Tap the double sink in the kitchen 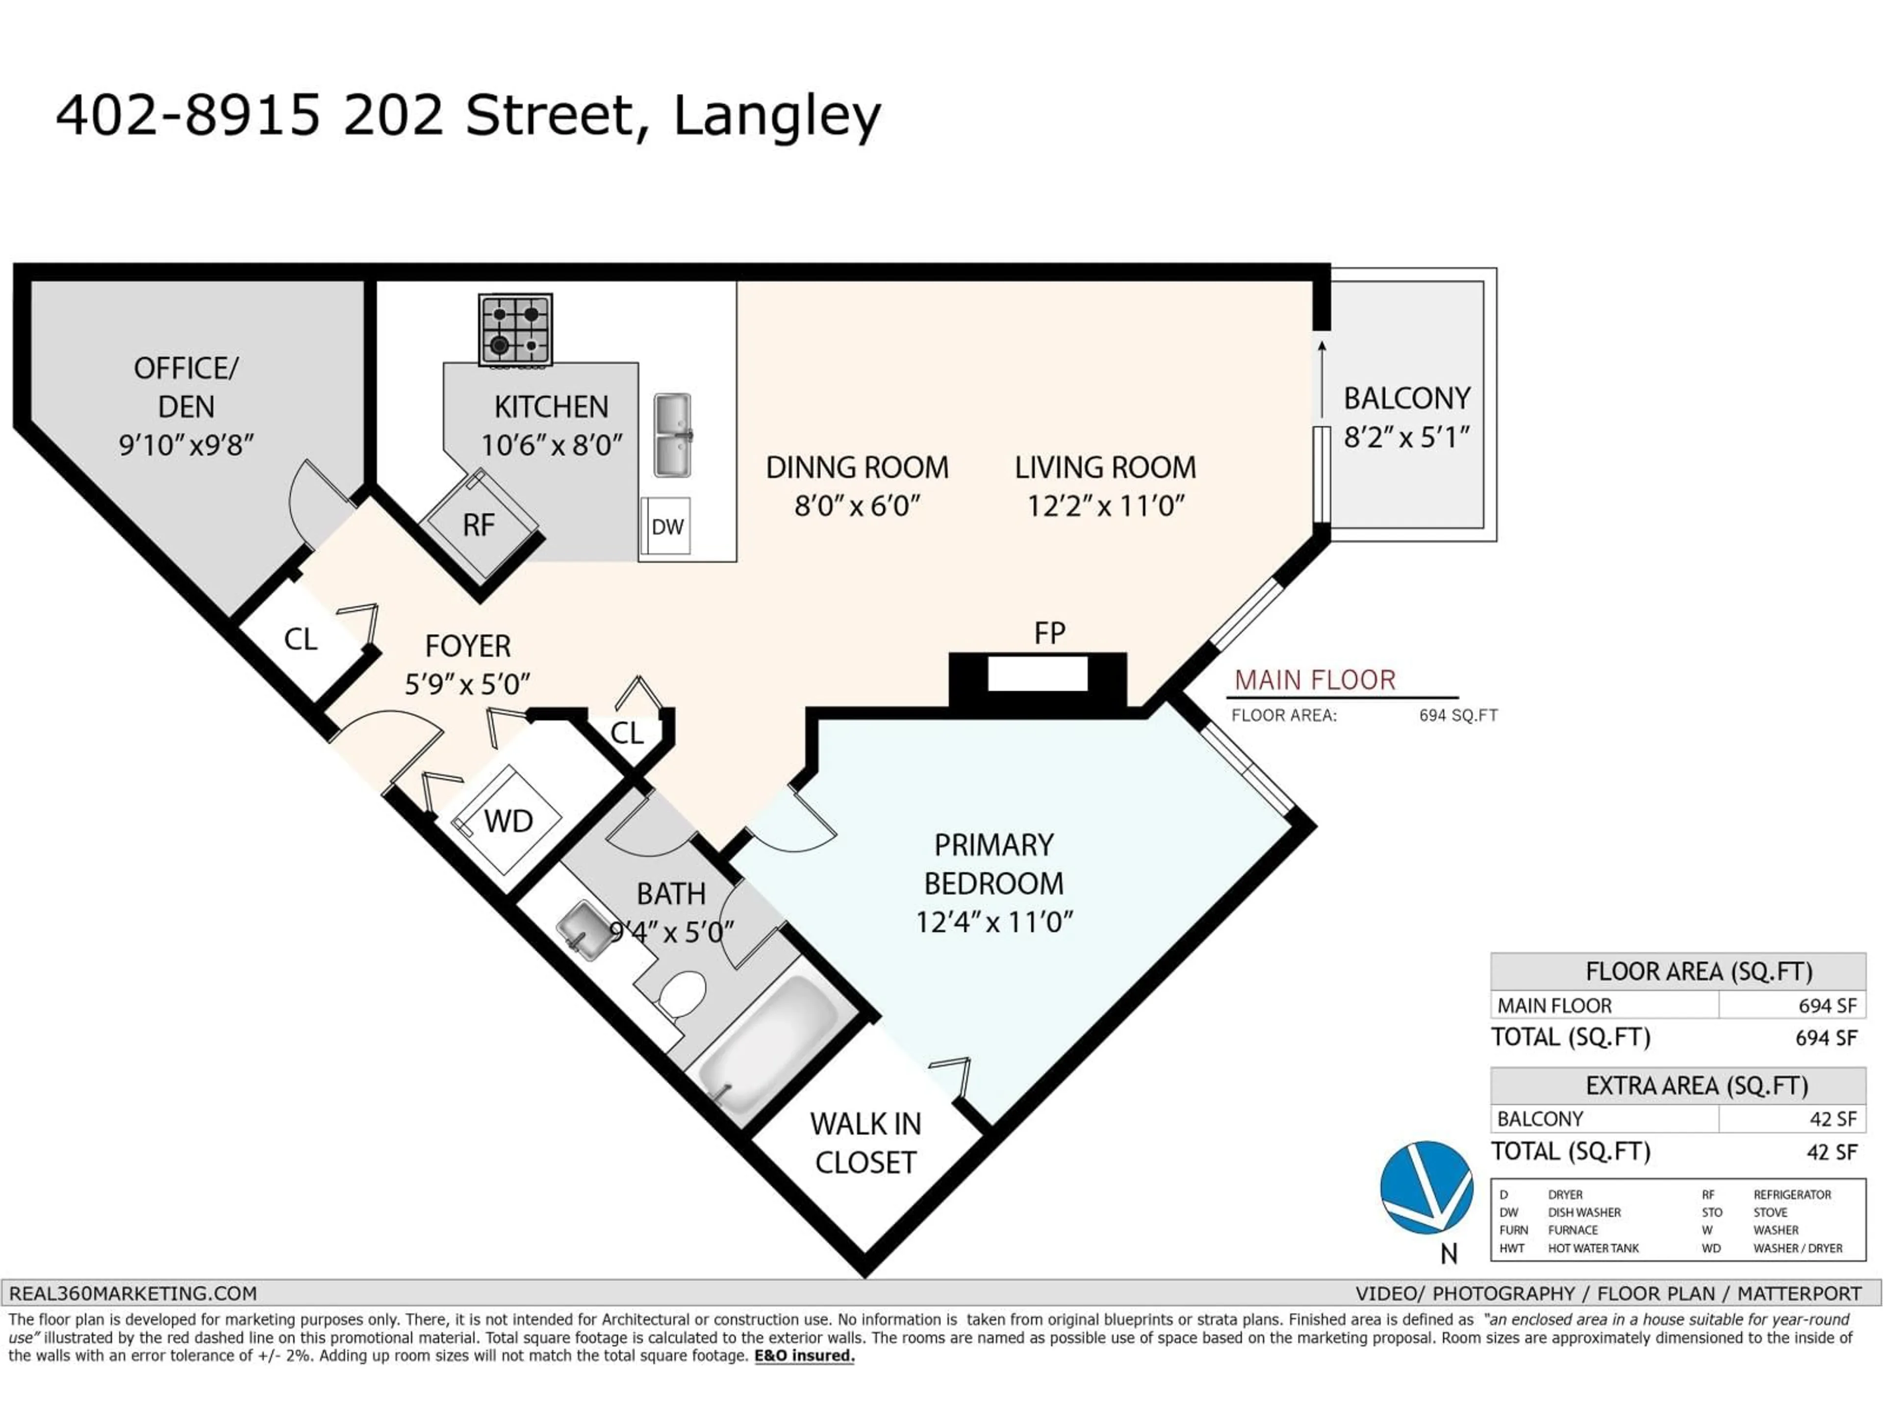tap(672, 435)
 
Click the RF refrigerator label tap(479, 525)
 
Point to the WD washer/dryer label tap(508, 821)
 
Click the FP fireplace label tap(1049, 633)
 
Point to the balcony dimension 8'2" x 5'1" tap(1406, 437)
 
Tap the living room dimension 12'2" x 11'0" tap(1105, 506)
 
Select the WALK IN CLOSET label tap(865, 1143)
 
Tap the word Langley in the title tap(776, 117)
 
